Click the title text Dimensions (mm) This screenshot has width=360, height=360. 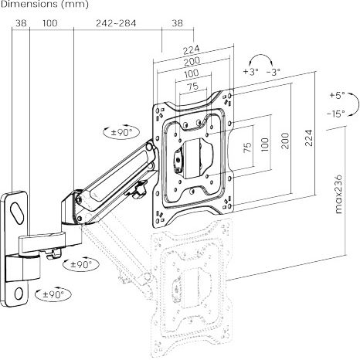coord(44,4)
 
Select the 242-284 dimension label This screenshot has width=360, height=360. coord(116,23)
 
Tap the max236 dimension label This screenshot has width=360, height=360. coord(339,194)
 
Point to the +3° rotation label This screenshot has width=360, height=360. coord(250,71)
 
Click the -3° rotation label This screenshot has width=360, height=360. coord(273,72)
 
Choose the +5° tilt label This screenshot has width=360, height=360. coord(338,95)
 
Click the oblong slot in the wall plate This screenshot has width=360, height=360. coord(17,213)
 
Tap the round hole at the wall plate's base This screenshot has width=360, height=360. coord(19,294)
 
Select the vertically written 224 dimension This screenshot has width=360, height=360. coord(309,138)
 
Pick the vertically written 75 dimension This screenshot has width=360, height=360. coord(247,148)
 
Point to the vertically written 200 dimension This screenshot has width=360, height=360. coord(285,141)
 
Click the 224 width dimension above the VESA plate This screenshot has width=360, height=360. coord(192,49)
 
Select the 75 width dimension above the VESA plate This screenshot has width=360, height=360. coord(193,87)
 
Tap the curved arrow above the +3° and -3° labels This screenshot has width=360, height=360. coord(261,59)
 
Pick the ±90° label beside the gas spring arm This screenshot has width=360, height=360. coord(121,132)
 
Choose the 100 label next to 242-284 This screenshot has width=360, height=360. coord(50,23)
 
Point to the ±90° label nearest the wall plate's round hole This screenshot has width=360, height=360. coord(53,294)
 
